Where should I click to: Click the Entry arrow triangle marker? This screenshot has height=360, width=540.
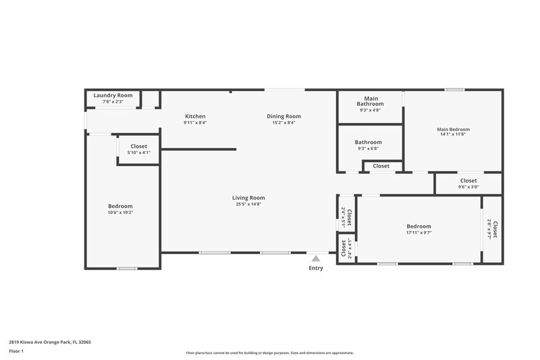(x=315, y=257)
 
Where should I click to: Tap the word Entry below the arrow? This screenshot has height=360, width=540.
(x=315, y=268)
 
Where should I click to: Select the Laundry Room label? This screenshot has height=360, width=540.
(x=113, y=95)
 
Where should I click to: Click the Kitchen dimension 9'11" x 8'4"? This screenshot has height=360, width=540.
(x=195, y=123)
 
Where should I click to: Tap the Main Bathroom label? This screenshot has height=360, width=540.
(x=370, y=101)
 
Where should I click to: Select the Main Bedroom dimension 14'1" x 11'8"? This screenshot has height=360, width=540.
(x=453, y=134)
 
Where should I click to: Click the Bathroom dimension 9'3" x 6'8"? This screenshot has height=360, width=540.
(x=369, y=149)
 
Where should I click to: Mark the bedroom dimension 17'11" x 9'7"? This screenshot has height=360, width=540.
(x=418, y=233)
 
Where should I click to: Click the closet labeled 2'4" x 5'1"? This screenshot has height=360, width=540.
(x=346, y=216)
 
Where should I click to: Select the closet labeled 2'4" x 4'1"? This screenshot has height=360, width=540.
(x=346, y=249)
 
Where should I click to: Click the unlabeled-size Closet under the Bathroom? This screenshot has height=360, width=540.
(x=381, y=166)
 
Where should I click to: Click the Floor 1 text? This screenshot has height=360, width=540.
(x=16, y=351)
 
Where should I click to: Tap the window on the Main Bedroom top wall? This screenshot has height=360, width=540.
(x=454, y=90)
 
